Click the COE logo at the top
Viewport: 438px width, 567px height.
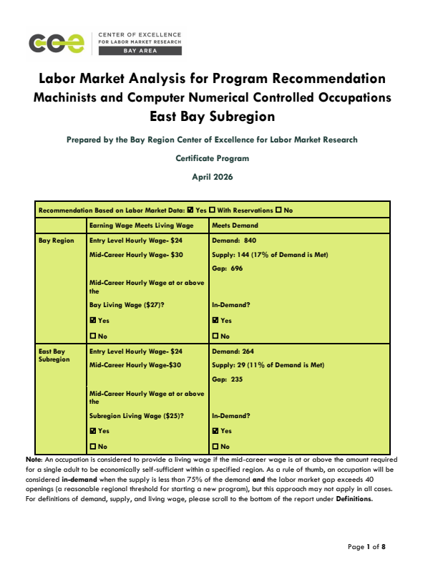point(58,44)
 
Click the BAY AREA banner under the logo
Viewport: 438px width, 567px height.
point(139,52)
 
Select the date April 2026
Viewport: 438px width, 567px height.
point(212,176)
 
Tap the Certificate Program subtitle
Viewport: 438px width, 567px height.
point(212,157)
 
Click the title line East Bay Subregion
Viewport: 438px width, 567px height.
point(212,115)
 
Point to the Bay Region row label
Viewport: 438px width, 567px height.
point(56,241)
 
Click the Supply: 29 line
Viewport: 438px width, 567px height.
point(268,365)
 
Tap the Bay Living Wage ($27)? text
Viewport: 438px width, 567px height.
point(132,305)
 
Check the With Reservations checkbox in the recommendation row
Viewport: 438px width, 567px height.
point(213,210)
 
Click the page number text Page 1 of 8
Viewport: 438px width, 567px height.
point(366,547)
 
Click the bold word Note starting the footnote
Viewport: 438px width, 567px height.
point(33,458)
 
